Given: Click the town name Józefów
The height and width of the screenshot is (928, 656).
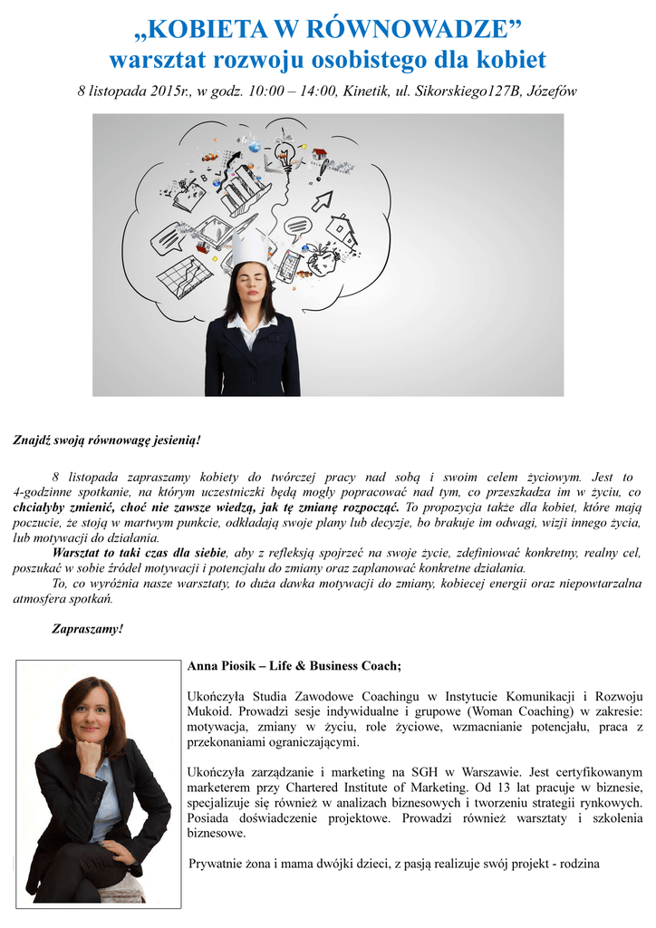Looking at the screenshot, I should [547, 92].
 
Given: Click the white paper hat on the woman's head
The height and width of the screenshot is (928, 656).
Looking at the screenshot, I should [250, 246].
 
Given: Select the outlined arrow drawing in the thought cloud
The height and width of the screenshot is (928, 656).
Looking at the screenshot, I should [323, 200].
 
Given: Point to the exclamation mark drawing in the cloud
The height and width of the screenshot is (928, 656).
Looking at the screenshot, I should [319, 171].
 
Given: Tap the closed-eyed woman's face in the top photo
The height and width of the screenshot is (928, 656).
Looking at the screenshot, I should [250, 285].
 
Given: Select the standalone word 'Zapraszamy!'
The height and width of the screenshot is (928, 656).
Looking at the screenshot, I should [87, 629].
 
